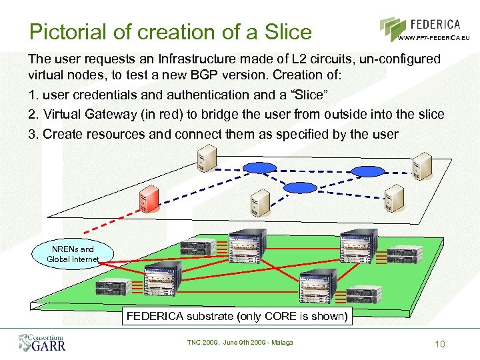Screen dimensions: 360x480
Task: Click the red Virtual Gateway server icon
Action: click(x=149, y=201)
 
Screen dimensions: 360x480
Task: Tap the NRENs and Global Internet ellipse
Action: click(x=72, y=254)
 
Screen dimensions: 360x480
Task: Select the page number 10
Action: click(x=439, y=344)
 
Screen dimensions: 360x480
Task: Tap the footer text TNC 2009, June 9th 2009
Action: click(x=239, y=343)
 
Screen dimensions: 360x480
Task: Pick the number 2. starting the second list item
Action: click(x=33, y=114)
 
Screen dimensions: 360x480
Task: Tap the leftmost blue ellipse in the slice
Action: click(x=258, y=166)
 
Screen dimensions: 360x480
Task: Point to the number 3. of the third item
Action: click(x=33, y=133)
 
